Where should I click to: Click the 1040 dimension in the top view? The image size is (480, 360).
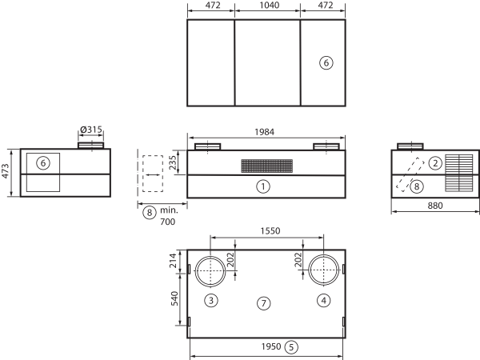tap(269, 6)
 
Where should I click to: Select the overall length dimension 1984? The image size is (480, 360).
tap(265, 132)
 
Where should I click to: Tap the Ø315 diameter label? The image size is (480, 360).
tap(91, 130)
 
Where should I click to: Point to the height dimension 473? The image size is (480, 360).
tap(6, 171)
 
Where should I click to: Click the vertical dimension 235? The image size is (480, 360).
tap(173, 162)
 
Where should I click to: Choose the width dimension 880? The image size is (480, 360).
tap(435, 206)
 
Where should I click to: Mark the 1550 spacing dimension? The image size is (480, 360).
tap(270, 230)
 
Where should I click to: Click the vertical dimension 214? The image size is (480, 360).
tap(174, 261)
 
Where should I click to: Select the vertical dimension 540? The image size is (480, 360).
tap(174, 298)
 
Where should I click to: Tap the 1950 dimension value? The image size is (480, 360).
tap(271, 346)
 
